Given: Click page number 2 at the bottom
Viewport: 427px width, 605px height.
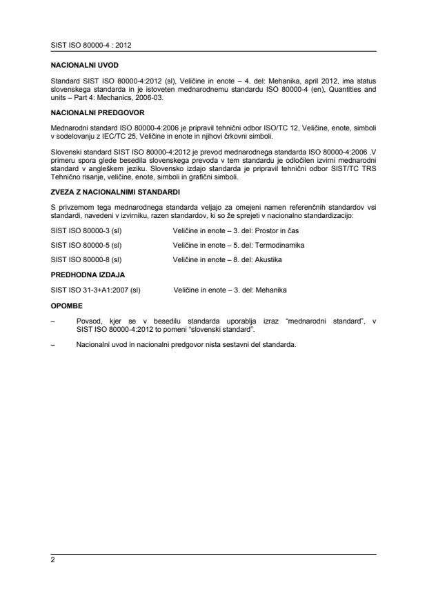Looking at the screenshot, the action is coord(53,562).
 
